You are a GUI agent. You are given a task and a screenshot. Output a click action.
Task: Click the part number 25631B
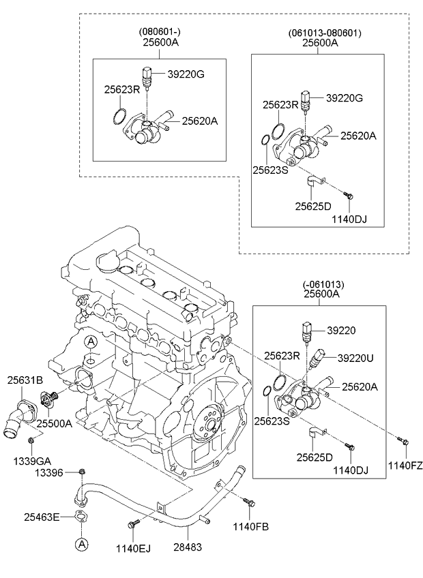[x=25, y=380]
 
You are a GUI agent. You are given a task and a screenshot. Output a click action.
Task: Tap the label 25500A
[x=54, y=423]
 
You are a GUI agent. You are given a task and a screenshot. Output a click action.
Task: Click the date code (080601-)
[x=160, y=32]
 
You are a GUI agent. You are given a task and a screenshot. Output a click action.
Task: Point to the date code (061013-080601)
[x=325, y=32]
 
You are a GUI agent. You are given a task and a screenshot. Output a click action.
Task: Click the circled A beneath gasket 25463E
[x=81, y=544]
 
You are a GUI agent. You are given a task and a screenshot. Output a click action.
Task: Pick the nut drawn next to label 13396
[x=81, y=471]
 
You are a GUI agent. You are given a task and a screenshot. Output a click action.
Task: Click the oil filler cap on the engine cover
[x=108, y=262]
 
